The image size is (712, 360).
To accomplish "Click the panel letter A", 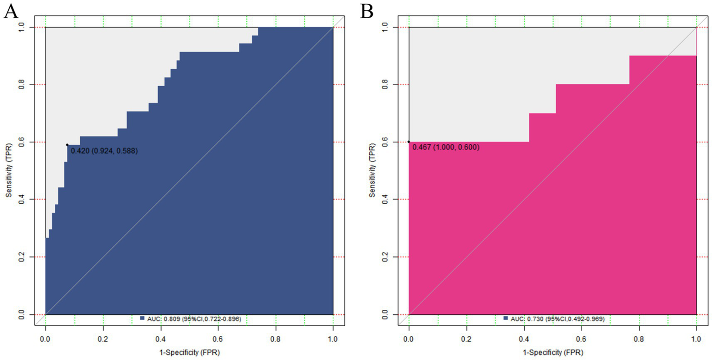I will [11, 12].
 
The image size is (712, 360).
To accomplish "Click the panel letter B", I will [367, 12].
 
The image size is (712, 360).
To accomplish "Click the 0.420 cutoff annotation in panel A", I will [104, 151].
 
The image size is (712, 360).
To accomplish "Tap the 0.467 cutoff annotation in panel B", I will [445, 148].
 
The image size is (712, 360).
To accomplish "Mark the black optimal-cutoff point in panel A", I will [67, 145].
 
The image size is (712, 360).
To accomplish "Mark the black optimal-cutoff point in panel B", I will [409, 142].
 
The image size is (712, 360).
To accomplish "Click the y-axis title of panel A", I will [9, 171].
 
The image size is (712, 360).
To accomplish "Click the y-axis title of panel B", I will [372, 171].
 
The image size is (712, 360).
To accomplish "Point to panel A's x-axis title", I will [189, 353].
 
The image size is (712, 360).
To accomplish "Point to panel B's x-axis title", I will [552, 353].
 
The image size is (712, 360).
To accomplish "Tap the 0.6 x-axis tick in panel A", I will [218, 340].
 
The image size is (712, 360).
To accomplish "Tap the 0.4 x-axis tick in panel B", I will [524, 340].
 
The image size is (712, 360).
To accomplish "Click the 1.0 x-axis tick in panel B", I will [696, 340].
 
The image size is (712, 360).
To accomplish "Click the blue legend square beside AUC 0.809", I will [142, 318].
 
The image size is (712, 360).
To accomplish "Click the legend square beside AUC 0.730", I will [506, 318].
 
